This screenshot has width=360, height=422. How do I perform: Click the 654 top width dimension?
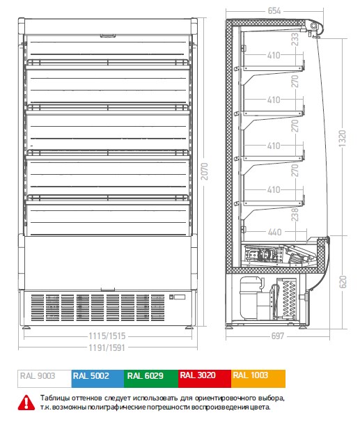click(274, 10)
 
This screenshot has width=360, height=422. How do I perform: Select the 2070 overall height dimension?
click(205, 171)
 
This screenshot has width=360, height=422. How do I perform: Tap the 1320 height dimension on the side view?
click(342, 139)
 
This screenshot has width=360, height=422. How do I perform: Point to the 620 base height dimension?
click(343, 281)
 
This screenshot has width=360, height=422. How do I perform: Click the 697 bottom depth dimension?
click(278, 336)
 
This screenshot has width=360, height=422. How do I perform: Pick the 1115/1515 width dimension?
click(107, 336)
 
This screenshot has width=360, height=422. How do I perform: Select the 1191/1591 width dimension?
click(107, 347)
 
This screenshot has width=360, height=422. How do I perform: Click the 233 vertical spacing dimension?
click(295, 39)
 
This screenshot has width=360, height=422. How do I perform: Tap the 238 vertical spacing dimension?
click(295, 214)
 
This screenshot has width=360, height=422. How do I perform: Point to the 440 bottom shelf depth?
click(275, 232)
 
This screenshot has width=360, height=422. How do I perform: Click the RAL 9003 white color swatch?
click(45, 379)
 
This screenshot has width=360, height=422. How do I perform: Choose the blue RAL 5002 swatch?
click(97, 379)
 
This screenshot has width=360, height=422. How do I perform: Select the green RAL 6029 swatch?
click(151, 379)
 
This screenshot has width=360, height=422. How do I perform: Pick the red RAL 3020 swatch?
click(205, 379)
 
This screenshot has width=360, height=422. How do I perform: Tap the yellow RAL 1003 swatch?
click(258, 379)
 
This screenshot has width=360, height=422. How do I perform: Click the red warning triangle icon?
click(26, 403)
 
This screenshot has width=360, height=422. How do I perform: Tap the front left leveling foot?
click(26, 327)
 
